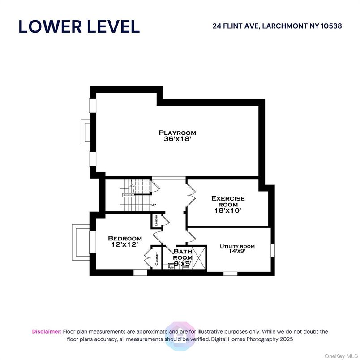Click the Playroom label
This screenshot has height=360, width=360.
[x=177, y=133]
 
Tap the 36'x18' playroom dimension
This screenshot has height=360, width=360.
[x=177, y=139]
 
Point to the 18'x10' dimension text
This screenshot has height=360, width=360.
[x=228, y=211]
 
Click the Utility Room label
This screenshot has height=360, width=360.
[x=237, y=246]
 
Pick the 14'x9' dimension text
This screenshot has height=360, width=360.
[x=237, y=252]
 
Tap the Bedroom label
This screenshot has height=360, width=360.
[x=125, y=238]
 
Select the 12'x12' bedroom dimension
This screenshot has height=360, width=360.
[x=125, y=245]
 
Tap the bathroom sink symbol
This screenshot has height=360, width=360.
[x=171, y=266]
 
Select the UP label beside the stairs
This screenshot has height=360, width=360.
[x=153, y=205]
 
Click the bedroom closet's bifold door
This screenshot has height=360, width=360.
[x=148, y=259]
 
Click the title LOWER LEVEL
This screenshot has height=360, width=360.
[x=79, y=26]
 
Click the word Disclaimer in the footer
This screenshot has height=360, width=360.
[x=47, y=331]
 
